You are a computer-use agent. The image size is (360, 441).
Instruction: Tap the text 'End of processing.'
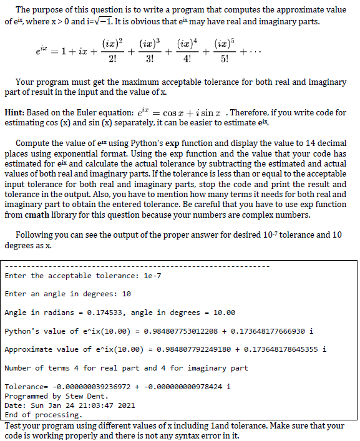(42, 415)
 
